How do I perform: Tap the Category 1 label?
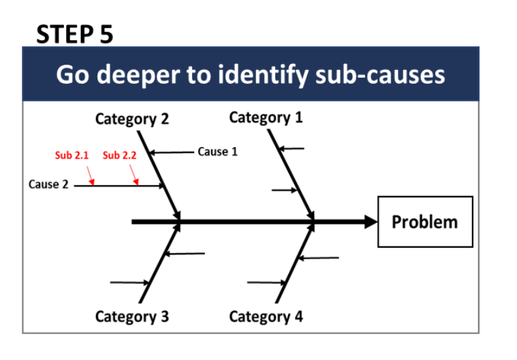tap(266, 118)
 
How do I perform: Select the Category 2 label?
tap(132, 119)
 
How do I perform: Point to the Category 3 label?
tap(132, 316)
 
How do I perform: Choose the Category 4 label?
tap(266, 316)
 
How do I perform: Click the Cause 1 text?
tap(217, 152)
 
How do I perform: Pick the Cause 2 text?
tap(48, 184)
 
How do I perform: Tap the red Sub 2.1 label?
tap(72, 155)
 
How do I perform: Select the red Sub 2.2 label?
tap(119, 155)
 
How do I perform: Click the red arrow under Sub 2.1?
tap(91, 176)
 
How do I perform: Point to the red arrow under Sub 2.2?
tap(134, 175)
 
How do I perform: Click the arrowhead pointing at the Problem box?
tap(371, 222)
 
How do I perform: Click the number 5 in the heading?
tap(106, 34)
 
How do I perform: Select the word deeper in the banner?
tap(138, 75)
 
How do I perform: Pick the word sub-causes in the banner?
tap(380, 74)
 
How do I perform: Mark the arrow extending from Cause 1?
tap(172, 152)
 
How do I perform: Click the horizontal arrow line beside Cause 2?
tap(119, 186)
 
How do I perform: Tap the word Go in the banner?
tap(72, 74)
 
